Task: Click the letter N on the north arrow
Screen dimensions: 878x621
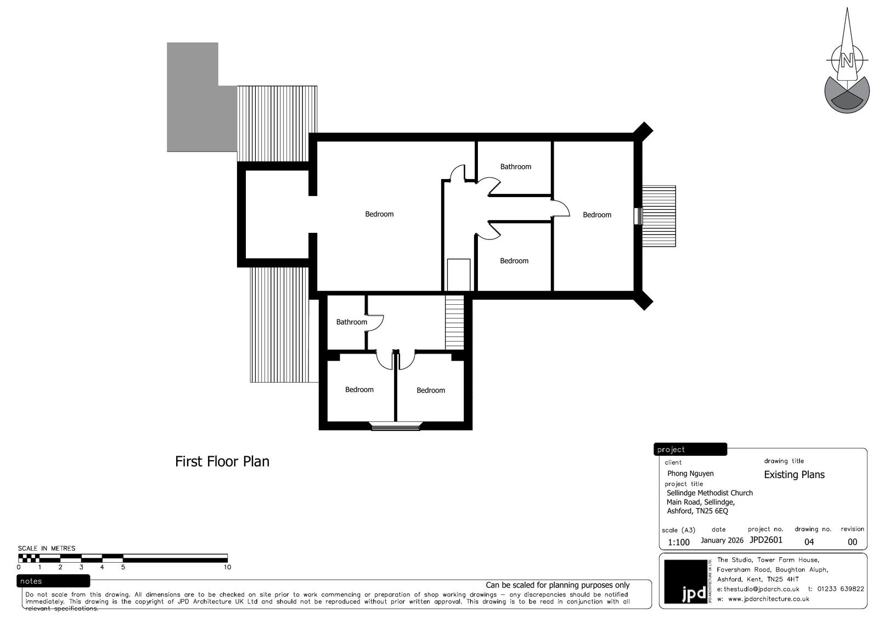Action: click(847, 61)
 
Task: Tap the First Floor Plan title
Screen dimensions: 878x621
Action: click(222, 461)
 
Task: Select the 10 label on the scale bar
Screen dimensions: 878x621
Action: click(227, 567)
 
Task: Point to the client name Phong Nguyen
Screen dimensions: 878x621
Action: click(690, 473)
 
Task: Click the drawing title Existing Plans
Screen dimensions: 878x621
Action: click(794, 475)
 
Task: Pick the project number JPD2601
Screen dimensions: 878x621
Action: click(766, 540)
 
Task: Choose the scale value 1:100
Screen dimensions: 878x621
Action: click(678, 542)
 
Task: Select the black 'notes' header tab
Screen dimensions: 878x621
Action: click(53, 581)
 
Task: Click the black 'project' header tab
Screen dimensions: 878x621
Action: click(690, 449)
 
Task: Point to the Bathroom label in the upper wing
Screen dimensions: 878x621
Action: click(515, 167)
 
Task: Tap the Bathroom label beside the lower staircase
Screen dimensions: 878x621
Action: click(352, 322)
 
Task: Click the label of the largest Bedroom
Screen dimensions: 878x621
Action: click(379, 214)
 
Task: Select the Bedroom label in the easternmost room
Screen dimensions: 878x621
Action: click(596, 215)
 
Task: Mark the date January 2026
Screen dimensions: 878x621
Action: click(722, 540)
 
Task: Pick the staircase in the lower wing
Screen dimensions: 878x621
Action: click(454, 322)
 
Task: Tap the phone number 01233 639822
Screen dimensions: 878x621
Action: click(840, 589)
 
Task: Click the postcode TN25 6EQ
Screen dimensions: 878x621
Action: click(712, 511)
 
